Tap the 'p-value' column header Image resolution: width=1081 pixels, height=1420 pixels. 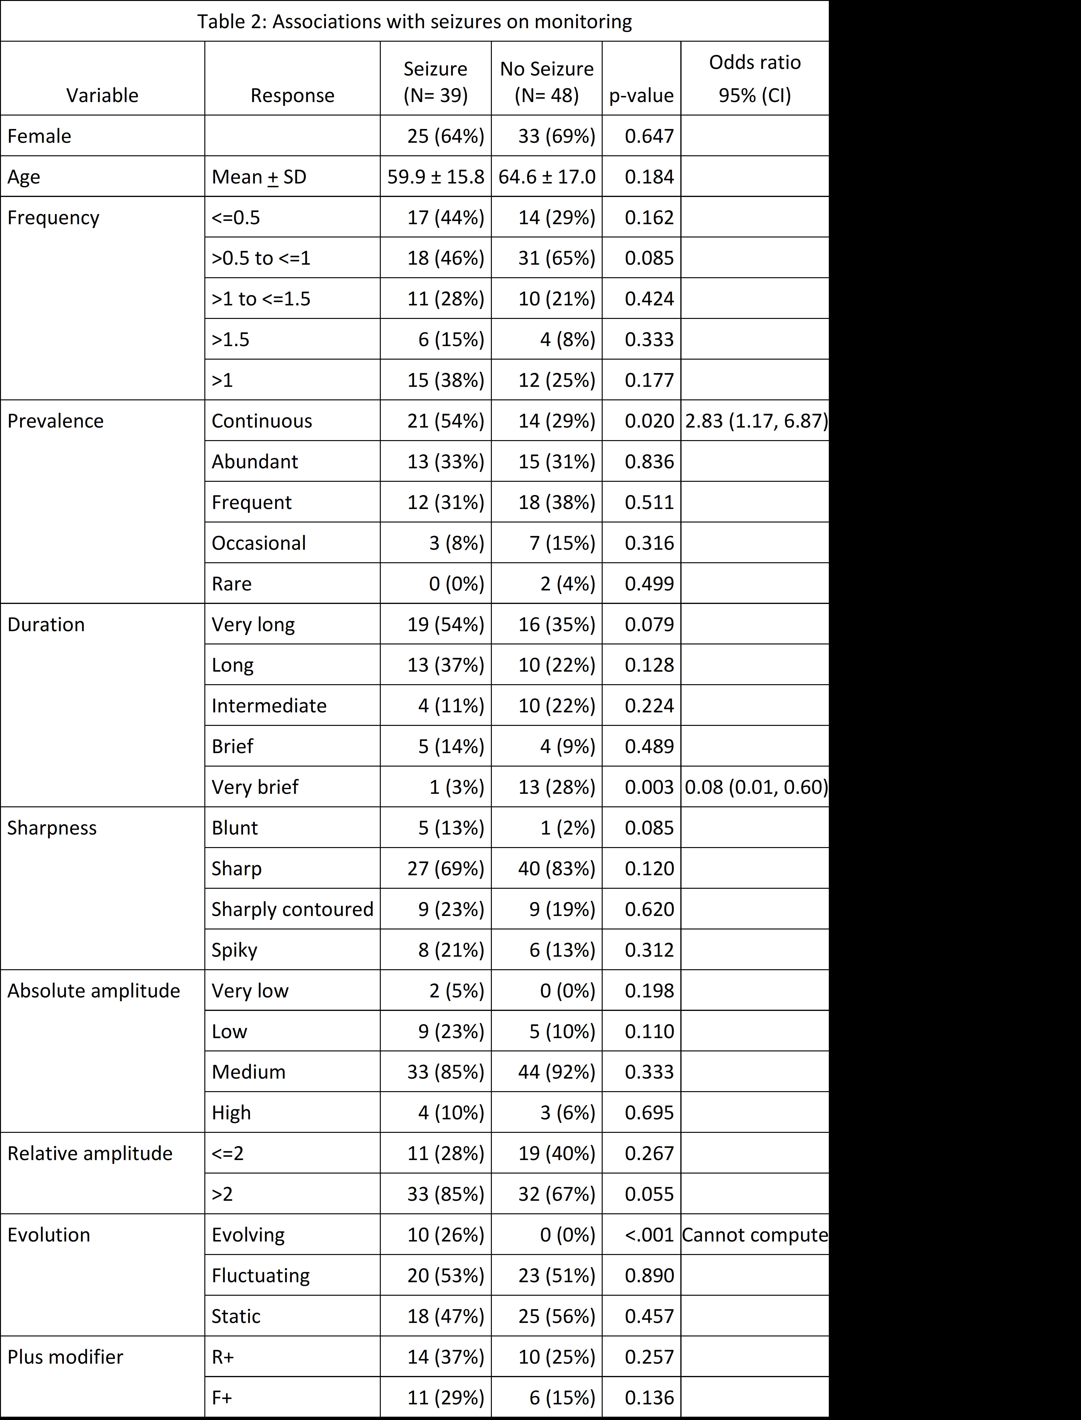[x=641, y=95]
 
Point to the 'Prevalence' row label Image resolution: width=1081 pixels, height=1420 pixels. [x=55, y=421]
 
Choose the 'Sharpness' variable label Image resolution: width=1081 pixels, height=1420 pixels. [x=51, y=828]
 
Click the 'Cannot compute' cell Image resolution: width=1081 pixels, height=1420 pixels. [x=754, y=1235]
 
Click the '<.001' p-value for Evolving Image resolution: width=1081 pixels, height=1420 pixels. [x=649, y=1235]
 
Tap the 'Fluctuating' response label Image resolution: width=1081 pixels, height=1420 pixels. [x=260, y=1275]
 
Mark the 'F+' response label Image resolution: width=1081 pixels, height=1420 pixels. [x=222, y=1398]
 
